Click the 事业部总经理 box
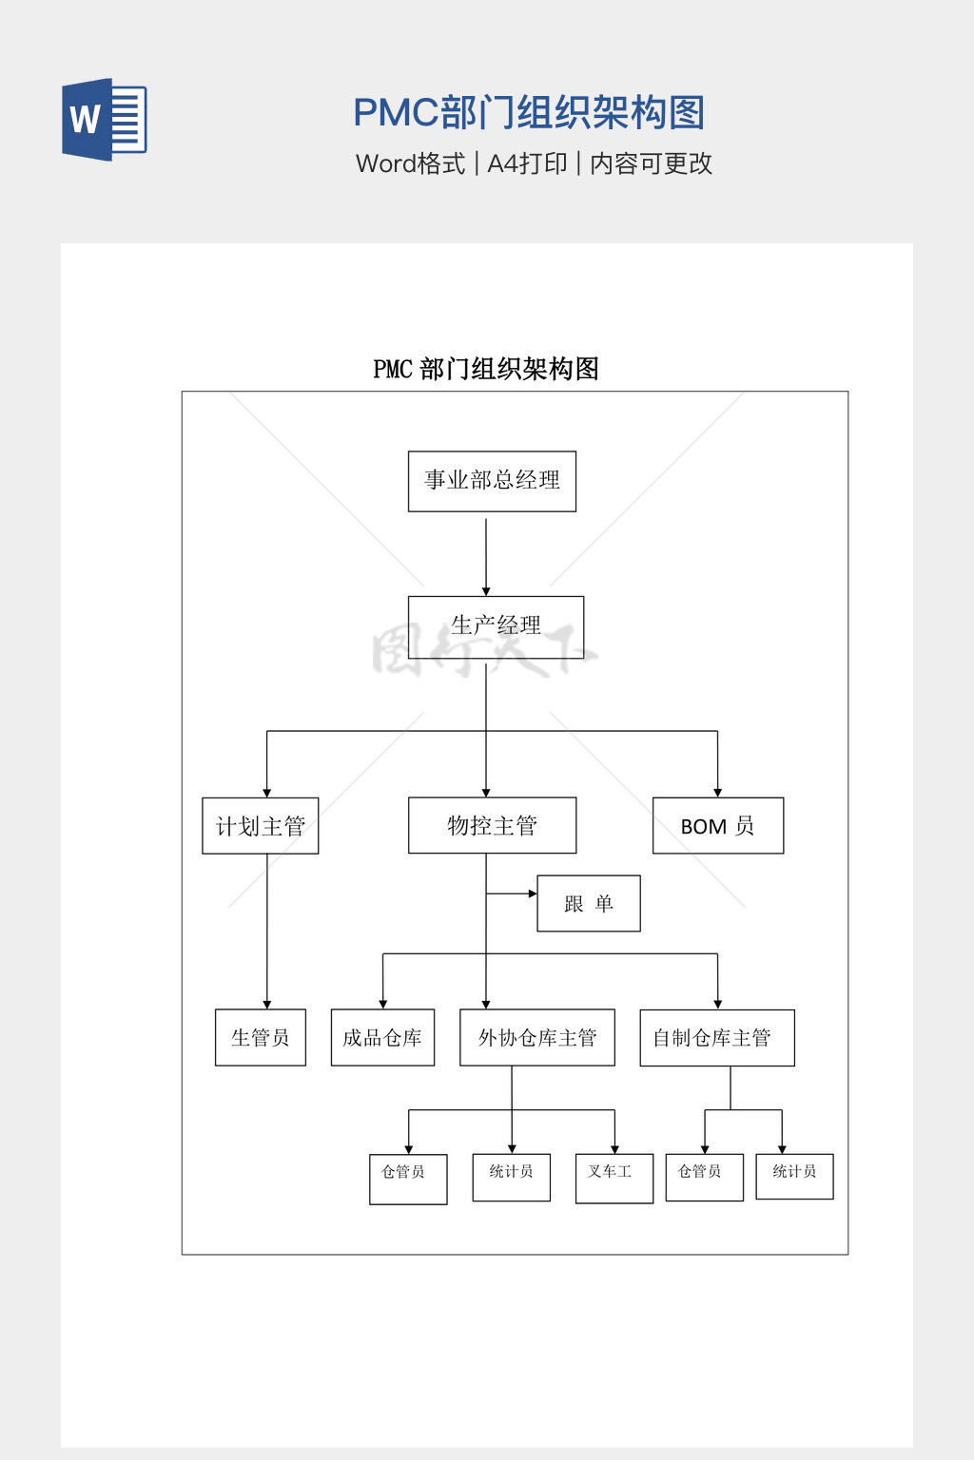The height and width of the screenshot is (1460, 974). [492, 481]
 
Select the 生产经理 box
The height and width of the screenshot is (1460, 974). [496, 626]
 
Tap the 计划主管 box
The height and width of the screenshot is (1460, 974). [260, 826]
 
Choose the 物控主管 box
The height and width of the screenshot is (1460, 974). [492, 825]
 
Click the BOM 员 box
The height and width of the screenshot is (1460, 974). [717, 826]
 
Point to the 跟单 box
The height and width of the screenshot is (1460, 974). [588, 903]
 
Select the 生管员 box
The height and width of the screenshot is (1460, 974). [260, 1037]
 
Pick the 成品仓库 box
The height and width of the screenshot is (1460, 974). [382, 1037]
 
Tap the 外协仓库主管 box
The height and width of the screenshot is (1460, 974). [536, 1037]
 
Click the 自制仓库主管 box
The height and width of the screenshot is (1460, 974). [716, 1038]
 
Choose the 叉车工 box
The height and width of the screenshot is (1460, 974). [614, 1178]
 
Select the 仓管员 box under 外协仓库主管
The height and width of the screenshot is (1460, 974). [407, 1179]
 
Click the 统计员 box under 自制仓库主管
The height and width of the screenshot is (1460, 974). [794, 1176]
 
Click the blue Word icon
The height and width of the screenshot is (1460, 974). [104, 120]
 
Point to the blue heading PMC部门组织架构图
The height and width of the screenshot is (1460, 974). [529, 113]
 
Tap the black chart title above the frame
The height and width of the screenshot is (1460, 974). [485, 369]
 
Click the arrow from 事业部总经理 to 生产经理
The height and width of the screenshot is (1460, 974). [486, 556]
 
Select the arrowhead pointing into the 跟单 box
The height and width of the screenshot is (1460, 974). [533, 893]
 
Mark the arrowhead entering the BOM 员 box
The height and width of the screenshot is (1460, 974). [717, 792]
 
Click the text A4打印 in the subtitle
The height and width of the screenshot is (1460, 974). [527, 163]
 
